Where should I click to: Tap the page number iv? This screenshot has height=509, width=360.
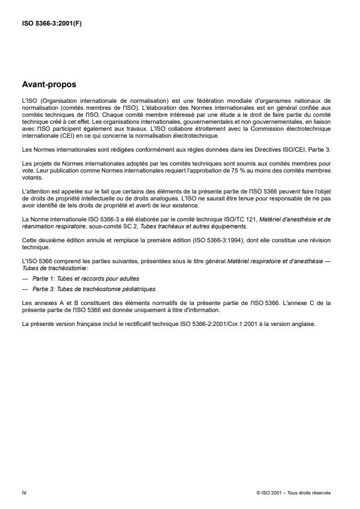[24, 492]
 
